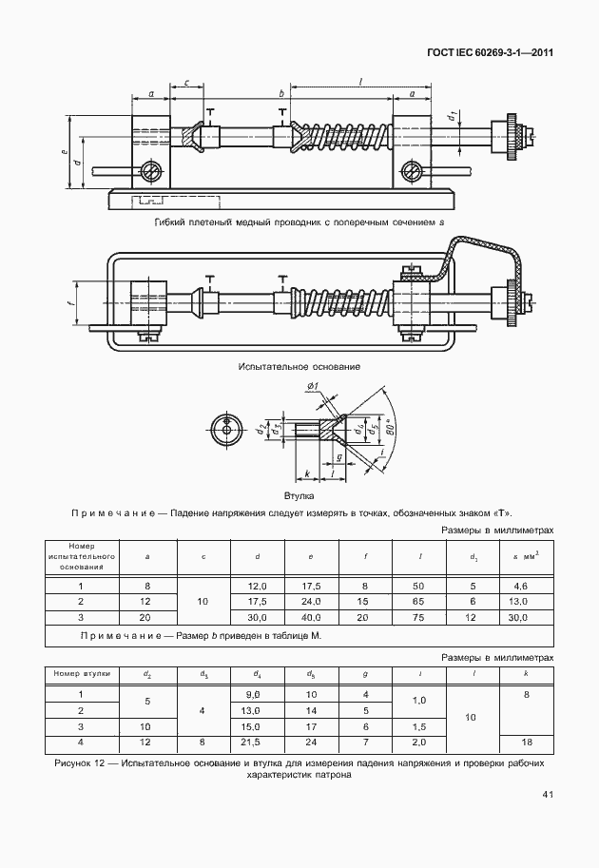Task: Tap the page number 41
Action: pyautogui.click(x=547, y=794)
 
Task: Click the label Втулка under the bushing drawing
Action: pyautogui.click(x=299, y=495)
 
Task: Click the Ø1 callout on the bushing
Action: pyautogui.click(x=313, y=385)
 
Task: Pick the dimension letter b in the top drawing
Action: pyautogui.click(x=281, y=93)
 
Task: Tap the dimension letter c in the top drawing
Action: pyautogui.click(x=186, y=84)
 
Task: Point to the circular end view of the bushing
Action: pyautogui.click(x=228, y=429)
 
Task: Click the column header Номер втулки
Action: pyautogui.click(x=82, y=672)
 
